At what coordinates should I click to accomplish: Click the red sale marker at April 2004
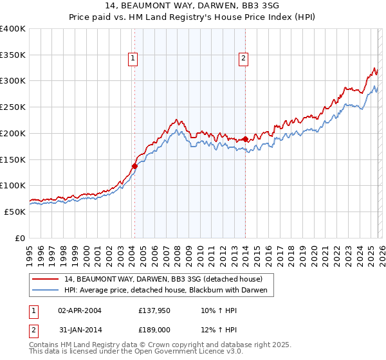click(134, 166)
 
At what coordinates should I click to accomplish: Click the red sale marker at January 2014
click(246, 139)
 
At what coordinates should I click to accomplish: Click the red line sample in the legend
click(46, 280)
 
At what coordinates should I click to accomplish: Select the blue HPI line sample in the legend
click(46, 291)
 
